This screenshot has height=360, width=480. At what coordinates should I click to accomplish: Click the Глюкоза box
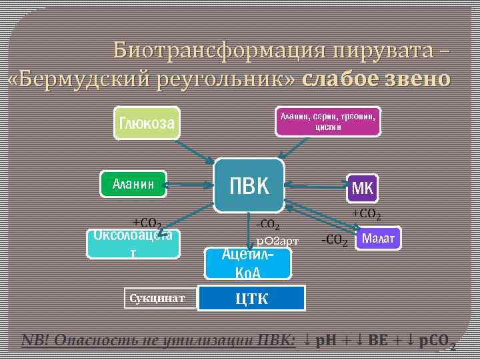147,123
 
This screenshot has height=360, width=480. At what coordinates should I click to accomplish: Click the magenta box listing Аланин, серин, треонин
328,121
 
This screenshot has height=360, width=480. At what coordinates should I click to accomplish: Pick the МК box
362,189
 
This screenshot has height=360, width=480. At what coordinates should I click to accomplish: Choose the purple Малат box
379,238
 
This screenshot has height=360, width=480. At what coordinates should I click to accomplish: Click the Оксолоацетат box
134,243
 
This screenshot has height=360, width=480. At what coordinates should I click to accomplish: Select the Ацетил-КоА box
248,263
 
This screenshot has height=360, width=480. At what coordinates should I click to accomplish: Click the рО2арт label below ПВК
277,240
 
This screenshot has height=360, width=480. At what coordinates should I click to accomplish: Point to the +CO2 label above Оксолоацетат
146,222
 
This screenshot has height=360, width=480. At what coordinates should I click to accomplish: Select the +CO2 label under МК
366,214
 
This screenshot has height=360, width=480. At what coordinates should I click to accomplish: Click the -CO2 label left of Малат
334,240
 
